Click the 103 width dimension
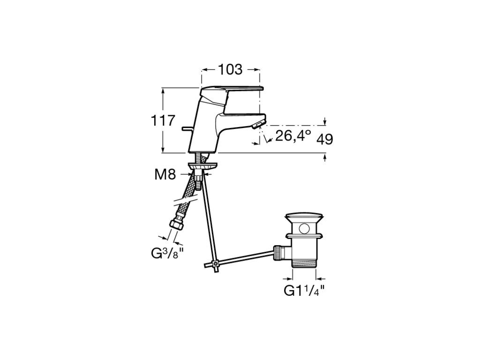tap(230, 69)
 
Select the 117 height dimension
tap(163, 120)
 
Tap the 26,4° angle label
tap(293, 135)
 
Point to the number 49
tap(324, 140)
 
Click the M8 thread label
tap(165, 175)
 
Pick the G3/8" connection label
tap(168, 253)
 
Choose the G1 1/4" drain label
tap(304, 290)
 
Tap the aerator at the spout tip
tap(257, 125)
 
